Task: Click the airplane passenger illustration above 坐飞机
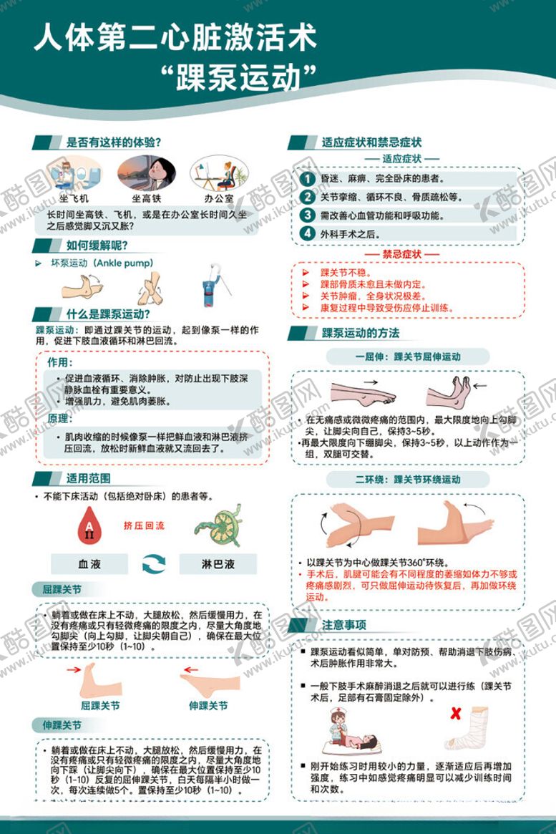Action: point(74,173)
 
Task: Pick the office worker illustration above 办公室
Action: point(219,173)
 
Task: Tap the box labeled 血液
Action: point(89,564)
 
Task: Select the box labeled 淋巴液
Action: point(218,564)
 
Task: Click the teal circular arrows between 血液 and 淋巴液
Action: point(154,564)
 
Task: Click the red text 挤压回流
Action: point(144,525)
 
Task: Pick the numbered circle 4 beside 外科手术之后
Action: point(307,233)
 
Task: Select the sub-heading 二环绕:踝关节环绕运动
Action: point(408,479)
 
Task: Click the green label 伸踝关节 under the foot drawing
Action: point(208,706)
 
